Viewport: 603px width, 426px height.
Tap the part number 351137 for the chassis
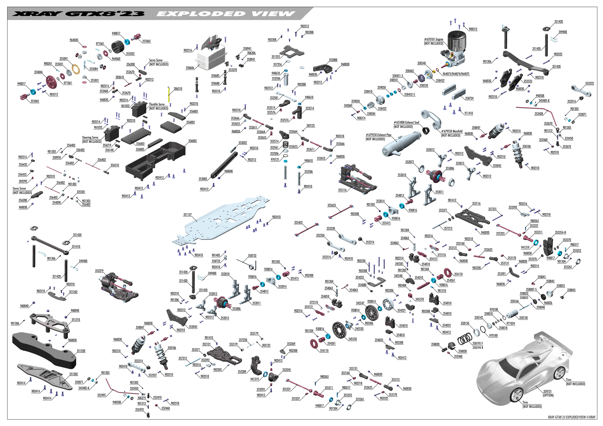click(x=187, y=214)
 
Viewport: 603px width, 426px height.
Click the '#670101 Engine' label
click(x=434, y=39)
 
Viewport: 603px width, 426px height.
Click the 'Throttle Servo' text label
click(x=157, y=104)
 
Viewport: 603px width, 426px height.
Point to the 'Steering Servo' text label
click(x=90, y=137)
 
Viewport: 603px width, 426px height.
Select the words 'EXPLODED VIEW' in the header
click(x=226, y=14)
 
